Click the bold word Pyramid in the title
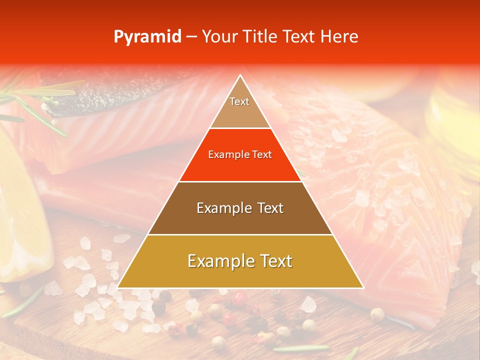[147, 37]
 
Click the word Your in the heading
[219, 37]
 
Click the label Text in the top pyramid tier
[239, 101]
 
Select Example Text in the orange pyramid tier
[240, 154]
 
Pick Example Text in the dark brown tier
[240, 208]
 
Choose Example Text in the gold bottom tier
[240, 261]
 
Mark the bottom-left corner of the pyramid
[118, 287]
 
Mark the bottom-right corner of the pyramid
[363, 287]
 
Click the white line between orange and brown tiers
[240, 181]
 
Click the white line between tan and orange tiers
[240, 128]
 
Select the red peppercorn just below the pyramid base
[240, 298]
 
